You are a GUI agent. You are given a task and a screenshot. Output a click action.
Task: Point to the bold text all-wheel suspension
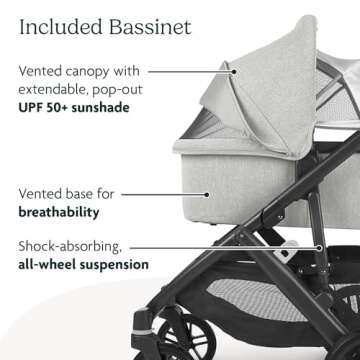[82, 264]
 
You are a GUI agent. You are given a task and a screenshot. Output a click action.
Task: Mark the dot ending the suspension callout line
[320, 245]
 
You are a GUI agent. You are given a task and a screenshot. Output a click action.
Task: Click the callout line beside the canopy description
[190, 72]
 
